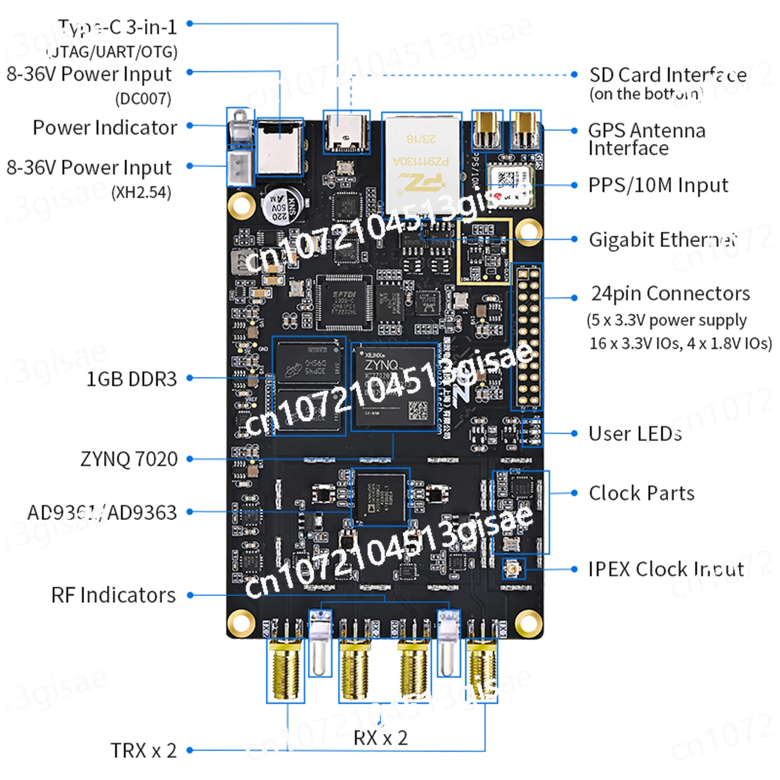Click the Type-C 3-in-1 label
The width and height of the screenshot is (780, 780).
[x=117, y=28]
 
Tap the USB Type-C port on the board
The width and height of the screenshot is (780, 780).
[x=346, y=133]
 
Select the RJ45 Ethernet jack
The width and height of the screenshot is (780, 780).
[x=422, y=161]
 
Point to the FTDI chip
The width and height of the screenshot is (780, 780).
[x=344, y=303]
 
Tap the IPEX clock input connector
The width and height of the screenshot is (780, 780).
[x=513, y=568]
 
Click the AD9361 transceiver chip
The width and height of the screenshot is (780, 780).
[x=380, y=498]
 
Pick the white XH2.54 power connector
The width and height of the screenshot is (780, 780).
[x=240, y=167]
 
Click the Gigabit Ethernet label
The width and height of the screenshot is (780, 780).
[x=663, y=240]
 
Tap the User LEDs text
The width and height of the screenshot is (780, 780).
[x=635, y=433]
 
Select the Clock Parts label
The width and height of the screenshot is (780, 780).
[x=642, y=493]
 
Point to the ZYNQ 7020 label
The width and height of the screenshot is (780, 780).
[x=129, y=459]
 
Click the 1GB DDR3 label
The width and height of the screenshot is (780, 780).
[x=131, y=379]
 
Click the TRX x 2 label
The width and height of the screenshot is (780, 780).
[x=143, y=750]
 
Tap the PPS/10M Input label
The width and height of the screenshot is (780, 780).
[x=658, y=185]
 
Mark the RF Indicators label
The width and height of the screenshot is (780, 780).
[x=113, y=595]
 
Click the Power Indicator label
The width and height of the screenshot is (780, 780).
[x=105, y=128]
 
